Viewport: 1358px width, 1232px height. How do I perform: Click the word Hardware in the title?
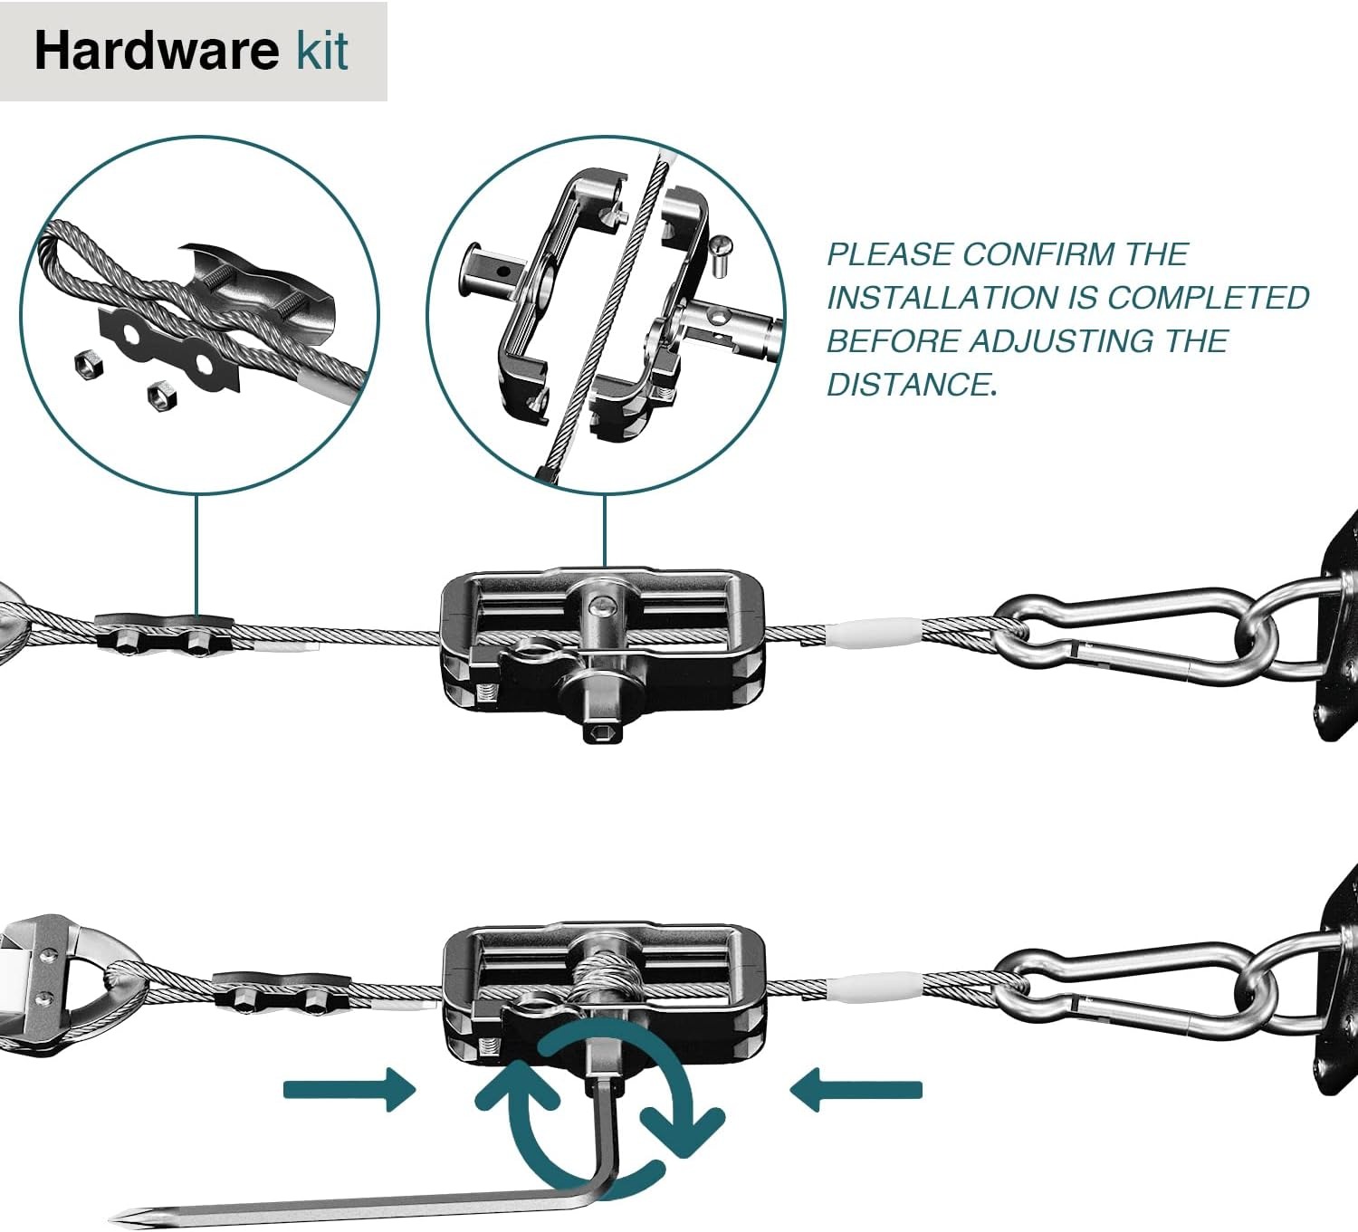[156, 51]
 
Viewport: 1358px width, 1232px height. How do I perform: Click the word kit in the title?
[322, 51]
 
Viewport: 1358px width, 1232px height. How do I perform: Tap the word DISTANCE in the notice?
[909, 385]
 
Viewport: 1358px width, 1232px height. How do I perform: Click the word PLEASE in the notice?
[888, 254]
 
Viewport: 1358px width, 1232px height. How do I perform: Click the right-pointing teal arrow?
[349, 1089]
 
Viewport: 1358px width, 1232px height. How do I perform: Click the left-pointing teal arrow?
[856, 1089]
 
